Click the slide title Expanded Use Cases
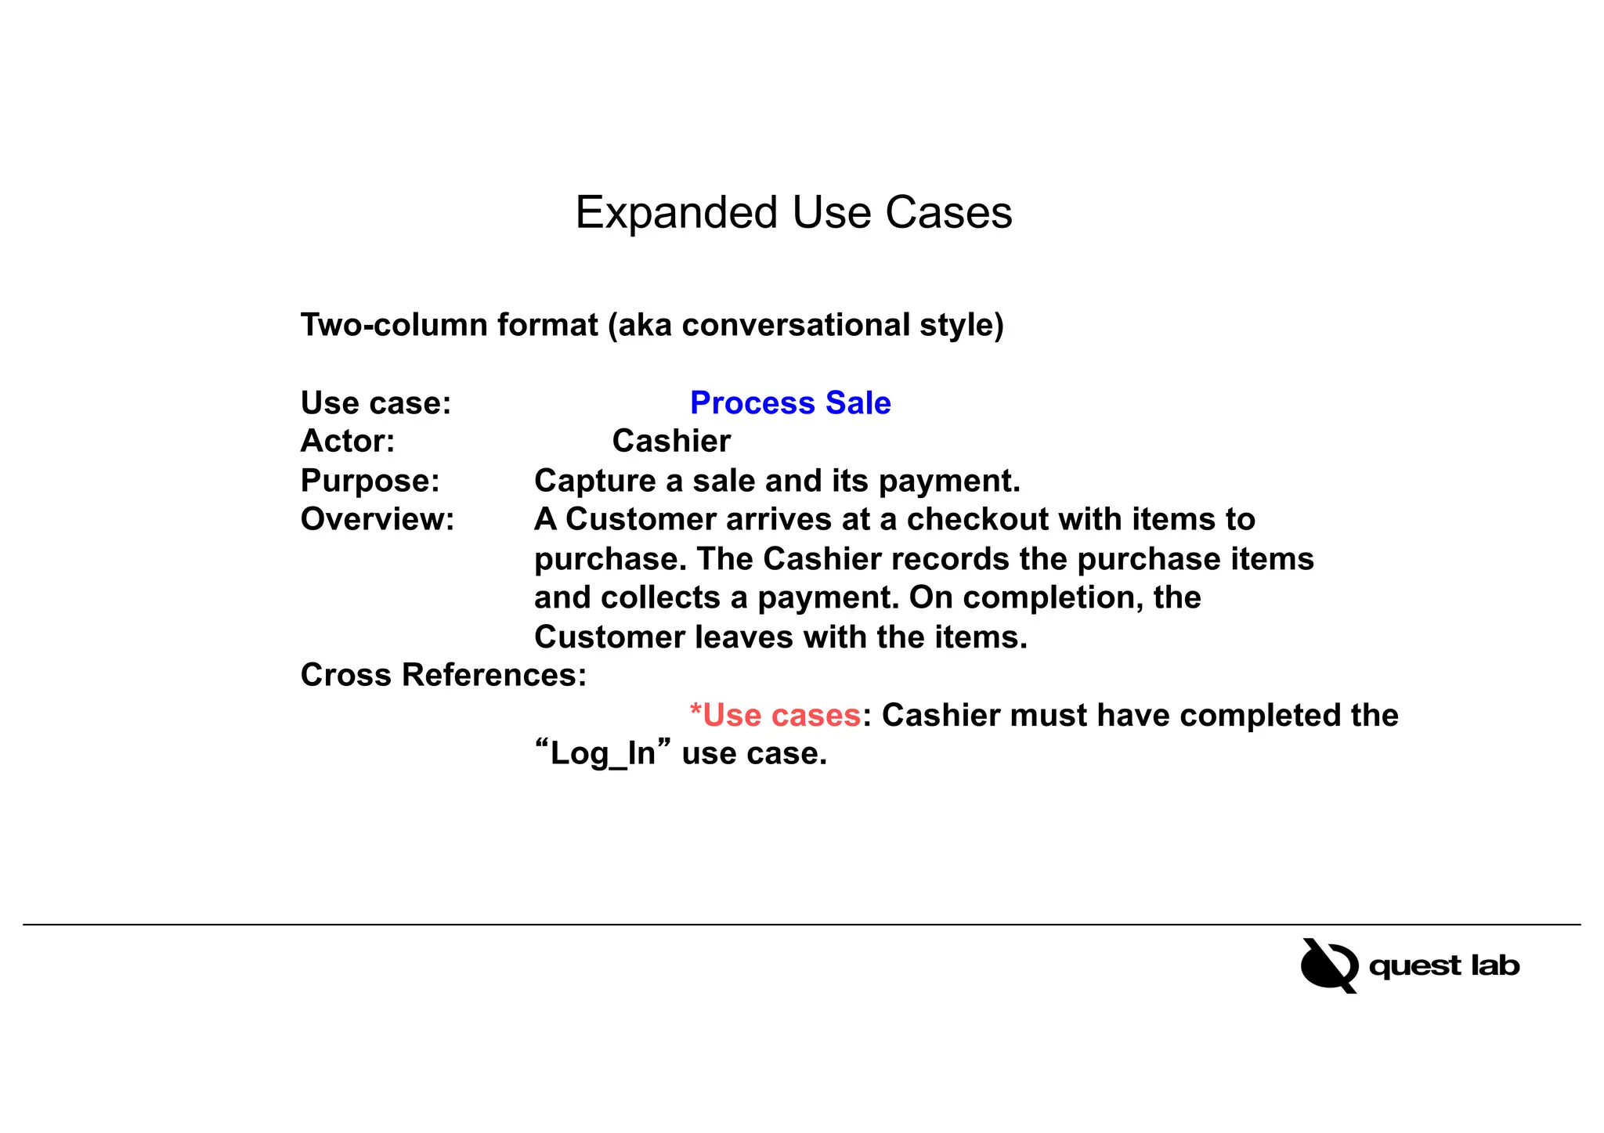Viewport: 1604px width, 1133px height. (x=793, y=213)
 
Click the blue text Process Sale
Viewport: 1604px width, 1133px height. (x=789, y=403)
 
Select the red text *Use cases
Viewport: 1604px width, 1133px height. (x=775, y=716)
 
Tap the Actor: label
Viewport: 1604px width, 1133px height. (x=347, y=442)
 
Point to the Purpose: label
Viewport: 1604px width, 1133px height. (x=370, y=481)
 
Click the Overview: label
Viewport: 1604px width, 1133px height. (x=377, y=520)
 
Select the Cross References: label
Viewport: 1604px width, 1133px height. (x=443, y=675)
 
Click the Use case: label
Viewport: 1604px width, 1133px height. (x=376, y=403)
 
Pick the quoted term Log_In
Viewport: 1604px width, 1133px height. (x=602, y=754)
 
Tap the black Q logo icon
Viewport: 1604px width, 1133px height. (x=1328, y=965)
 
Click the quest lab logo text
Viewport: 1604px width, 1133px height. (x=1443, y=965)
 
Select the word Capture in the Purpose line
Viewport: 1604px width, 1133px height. (x=594, y=481)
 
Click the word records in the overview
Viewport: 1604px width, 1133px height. (x=949, y=559)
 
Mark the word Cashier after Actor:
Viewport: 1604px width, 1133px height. (x=671, y=442)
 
